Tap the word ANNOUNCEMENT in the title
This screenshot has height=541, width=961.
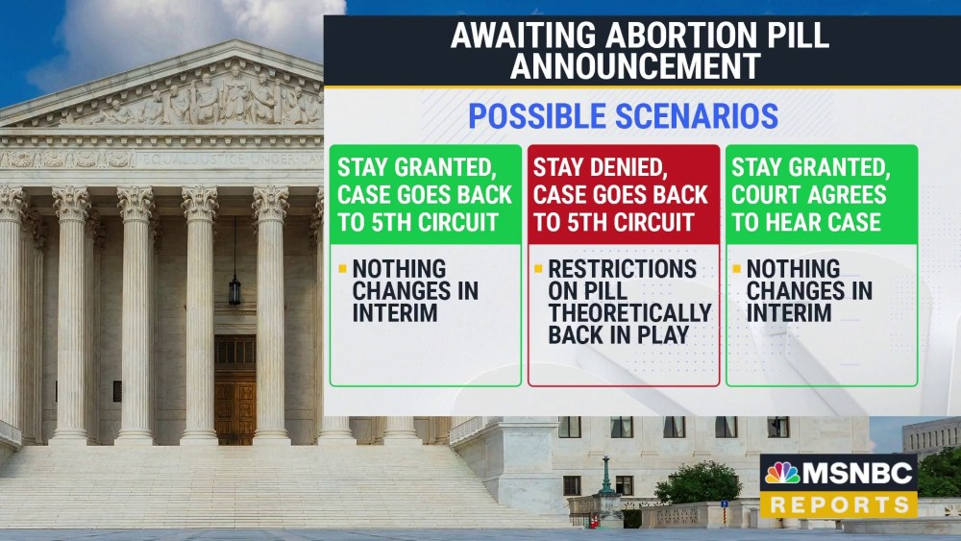[635, 66]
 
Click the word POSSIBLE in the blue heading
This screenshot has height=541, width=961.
[533, 116]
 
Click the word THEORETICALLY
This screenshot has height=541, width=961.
[630, 312]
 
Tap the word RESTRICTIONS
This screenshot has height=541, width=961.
[623, 268]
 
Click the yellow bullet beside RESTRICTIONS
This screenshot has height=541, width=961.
[538, 268]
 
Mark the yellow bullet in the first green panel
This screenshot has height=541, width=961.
[342, 268]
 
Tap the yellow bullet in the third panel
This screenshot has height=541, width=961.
[736, 268]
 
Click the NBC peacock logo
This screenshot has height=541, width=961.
[782, 473]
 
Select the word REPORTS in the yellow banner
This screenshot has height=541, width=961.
[839, 504]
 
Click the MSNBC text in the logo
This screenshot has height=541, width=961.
[858, 473]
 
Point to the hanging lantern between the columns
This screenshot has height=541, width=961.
[234, 288]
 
